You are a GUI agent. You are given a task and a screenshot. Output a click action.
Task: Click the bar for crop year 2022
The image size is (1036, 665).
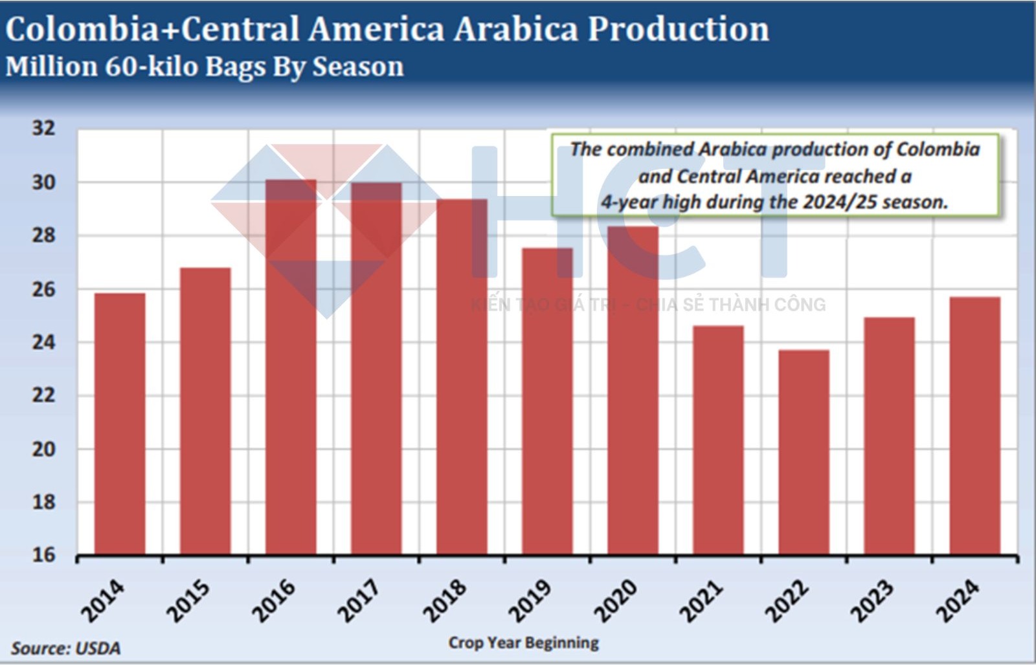(x=804, y=452)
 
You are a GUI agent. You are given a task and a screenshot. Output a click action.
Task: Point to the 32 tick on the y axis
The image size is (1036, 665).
(x=44, y=128)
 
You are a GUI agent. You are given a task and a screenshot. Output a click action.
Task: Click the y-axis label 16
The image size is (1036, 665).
(x=44, y=554)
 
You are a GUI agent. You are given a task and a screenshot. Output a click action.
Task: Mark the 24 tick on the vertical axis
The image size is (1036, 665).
(x=44, y=342)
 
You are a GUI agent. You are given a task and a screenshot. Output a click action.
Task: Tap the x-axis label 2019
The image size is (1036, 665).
(x=530, y=600)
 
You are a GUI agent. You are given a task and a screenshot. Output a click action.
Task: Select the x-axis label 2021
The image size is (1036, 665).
(x=701, y=600)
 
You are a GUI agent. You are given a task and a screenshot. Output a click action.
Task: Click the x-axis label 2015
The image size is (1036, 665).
(x=188, y=600)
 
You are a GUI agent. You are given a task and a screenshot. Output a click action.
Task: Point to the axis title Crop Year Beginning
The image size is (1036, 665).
(x=523, y=642)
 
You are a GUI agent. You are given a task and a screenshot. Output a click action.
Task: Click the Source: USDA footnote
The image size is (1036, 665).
(x=65, y=648)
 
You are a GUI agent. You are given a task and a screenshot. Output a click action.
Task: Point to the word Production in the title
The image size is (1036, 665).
(x=678, y=29)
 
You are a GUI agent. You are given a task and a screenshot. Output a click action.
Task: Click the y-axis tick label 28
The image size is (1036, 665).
(x=44, y=235)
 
